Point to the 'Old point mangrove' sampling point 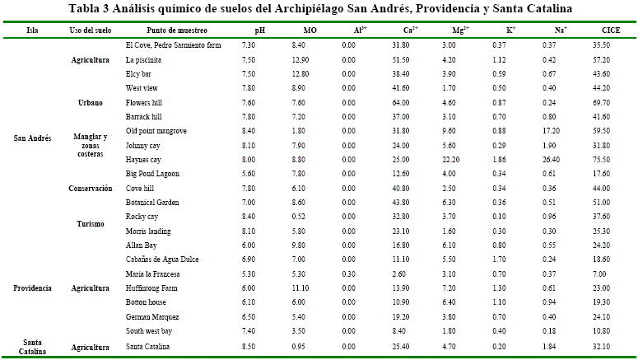(156, 130)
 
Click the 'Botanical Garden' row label (151, 202)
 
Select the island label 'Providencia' (33, 288)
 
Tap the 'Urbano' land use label (90, 102)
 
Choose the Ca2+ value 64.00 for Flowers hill (402, 102)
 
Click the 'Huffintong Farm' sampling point (152, 288)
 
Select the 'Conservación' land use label (90, 188)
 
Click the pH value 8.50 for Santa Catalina (259, 347)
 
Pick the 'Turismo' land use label (90, 223)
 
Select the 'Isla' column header (32, 29)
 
